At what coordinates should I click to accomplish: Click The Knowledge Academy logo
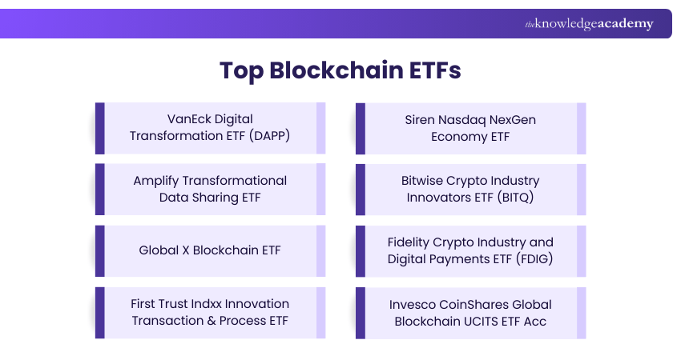point(589,24)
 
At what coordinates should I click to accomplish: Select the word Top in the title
point(241,70)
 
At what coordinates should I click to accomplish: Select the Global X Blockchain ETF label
point(210,250)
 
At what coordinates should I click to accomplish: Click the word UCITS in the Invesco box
point(481,320)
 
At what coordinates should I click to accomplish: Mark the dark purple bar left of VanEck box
point(100,128)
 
